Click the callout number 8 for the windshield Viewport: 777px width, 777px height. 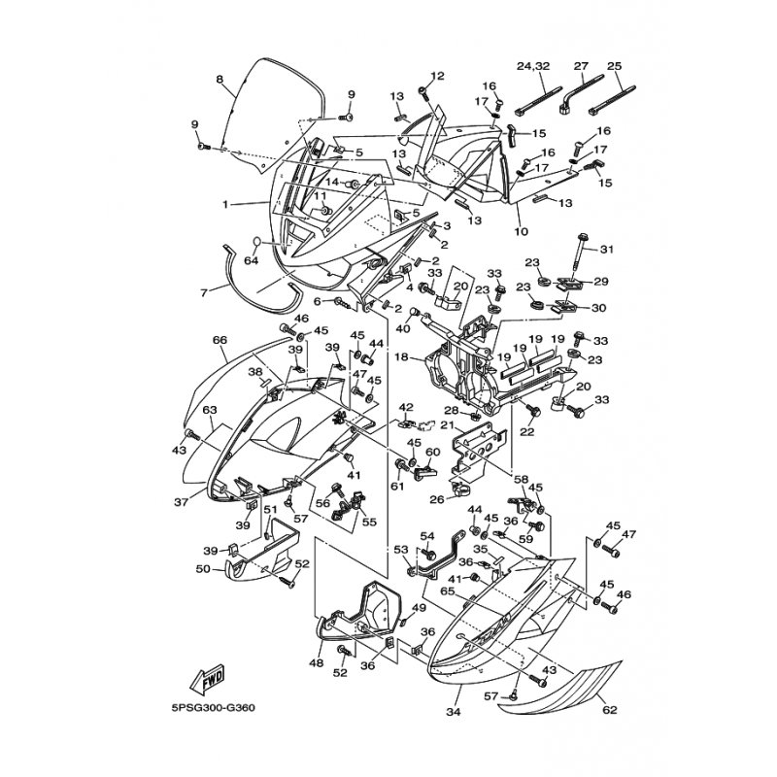coord(220,79)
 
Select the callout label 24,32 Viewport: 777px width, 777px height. coord(533,66)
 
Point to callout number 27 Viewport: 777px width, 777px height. coord(582,66)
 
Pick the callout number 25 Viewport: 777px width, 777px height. coord(614,66)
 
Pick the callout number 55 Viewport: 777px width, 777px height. coord(369,522)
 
